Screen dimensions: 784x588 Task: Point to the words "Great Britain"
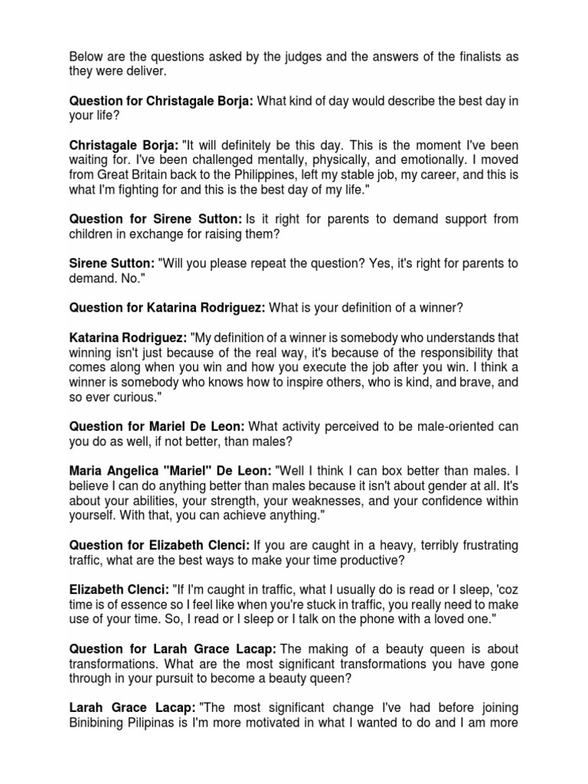[136, 173]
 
